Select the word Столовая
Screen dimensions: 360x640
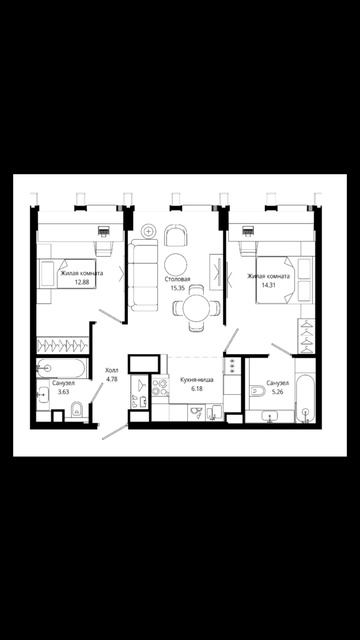click(x=178, y=280)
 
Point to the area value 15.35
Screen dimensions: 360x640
click(x=178, y=287)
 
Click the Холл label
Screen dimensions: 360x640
click(x=112, y=371)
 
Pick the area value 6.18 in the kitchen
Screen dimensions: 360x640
click(x=197, y=389)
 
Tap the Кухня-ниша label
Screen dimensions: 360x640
click(x=197, y=380)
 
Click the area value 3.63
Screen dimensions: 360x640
click(x=63, y=391)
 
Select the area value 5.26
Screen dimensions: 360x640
click(x=278, y=391)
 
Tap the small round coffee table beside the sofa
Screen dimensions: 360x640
click(x=149, y=231)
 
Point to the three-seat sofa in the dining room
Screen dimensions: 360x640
click(x=143, y=275)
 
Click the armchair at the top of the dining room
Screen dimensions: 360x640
click(x=176, y=235)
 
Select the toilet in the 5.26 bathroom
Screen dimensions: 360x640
click(x=258, y=391)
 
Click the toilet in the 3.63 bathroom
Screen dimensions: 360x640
click(x=76, y=409)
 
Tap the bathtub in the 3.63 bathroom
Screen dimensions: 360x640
click(x=62, y=368)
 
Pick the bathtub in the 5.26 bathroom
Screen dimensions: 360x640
click(x=305, y=398)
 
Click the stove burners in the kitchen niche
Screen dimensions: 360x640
click(x=160, y=387)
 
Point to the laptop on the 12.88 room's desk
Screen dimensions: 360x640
click(x=104, y=231)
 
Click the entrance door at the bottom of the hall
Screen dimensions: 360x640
click(x=115, y=432)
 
